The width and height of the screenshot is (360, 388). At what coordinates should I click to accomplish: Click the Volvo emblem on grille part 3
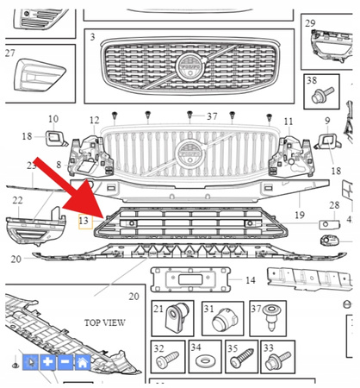tap(185, 67)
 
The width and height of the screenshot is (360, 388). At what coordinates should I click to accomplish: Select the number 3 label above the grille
tap(92, 38)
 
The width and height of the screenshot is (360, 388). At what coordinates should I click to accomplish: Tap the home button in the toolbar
tap(83, 363)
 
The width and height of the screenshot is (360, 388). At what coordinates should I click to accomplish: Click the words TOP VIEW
tap(105, 322)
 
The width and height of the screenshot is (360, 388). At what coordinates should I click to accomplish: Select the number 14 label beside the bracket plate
tap(250, 280)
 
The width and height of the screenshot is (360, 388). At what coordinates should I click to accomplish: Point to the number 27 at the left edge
tap(9, 53)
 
